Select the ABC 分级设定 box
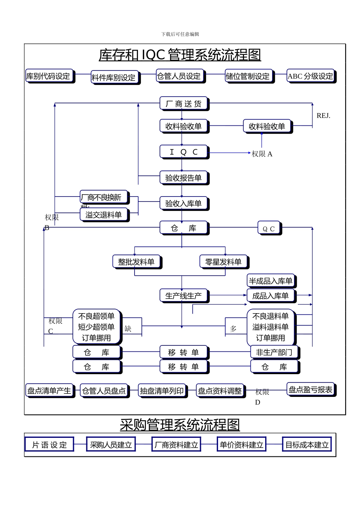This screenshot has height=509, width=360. [310, 76]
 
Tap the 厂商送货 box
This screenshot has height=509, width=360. [183, 103]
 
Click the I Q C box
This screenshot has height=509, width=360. [183, 152]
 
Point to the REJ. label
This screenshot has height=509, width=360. [323, 116]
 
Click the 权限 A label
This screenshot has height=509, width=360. [262, 154]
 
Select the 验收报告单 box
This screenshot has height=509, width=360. [183, 178]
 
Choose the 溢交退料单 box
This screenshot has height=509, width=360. [104, 215]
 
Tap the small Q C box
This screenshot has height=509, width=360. [269, 229]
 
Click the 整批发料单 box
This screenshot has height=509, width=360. [136, 262]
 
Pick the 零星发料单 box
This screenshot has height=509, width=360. [223, 262]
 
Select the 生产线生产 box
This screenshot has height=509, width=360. [183, 296]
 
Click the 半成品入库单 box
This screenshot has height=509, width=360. [270, 281]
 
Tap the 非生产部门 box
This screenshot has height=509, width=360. [274, 352]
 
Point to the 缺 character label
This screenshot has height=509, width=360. [128, 329]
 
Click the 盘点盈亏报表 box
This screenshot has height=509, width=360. [310, 389]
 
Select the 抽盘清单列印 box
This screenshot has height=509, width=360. [162, 391]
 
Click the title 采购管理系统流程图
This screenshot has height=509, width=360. [180, 425]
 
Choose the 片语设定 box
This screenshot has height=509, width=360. [49, 445]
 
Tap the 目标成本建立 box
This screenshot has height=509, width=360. [307, 445]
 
